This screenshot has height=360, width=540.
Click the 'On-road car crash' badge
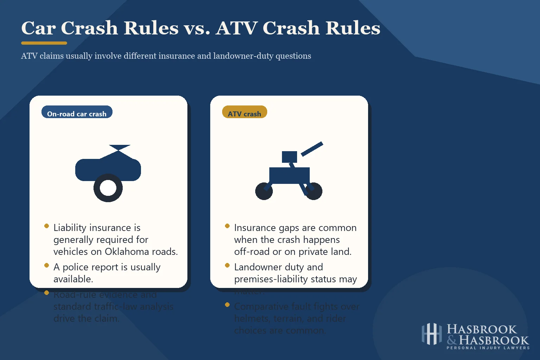click(x=77, y=112)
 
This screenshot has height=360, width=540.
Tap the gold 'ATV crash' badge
click(x=244, y=112)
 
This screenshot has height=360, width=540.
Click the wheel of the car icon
click(x=108, y=188)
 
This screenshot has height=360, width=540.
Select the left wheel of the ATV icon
click(x=264, y=191)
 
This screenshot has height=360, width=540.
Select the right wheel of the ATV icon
click(x=313, y=191)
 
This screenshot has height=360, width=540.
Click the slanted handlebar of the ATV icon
click(x=312, y=149)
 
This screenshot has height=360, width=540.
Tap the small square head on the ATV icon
click(x=289, y=157)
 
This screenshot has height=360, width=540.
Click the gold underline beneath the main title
click(x=44, y=43)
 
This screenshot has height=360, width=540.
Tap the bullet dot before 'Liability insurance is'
click(x=46, y=226)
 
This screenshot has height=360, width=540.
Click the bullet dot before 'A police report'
click(x=46, y=265)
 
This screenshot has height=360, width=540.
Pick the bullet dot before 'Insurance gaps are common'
click(x=227, y=226)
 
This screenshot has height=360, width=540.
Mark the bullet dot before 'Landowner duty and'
click(x=227, y=265)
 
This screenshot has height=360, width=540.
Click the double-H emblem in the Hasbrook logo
click(x=431, y=334)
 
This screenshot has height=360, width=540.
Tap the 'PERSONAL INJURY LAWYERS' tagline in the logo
click(x=488, y=348)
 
